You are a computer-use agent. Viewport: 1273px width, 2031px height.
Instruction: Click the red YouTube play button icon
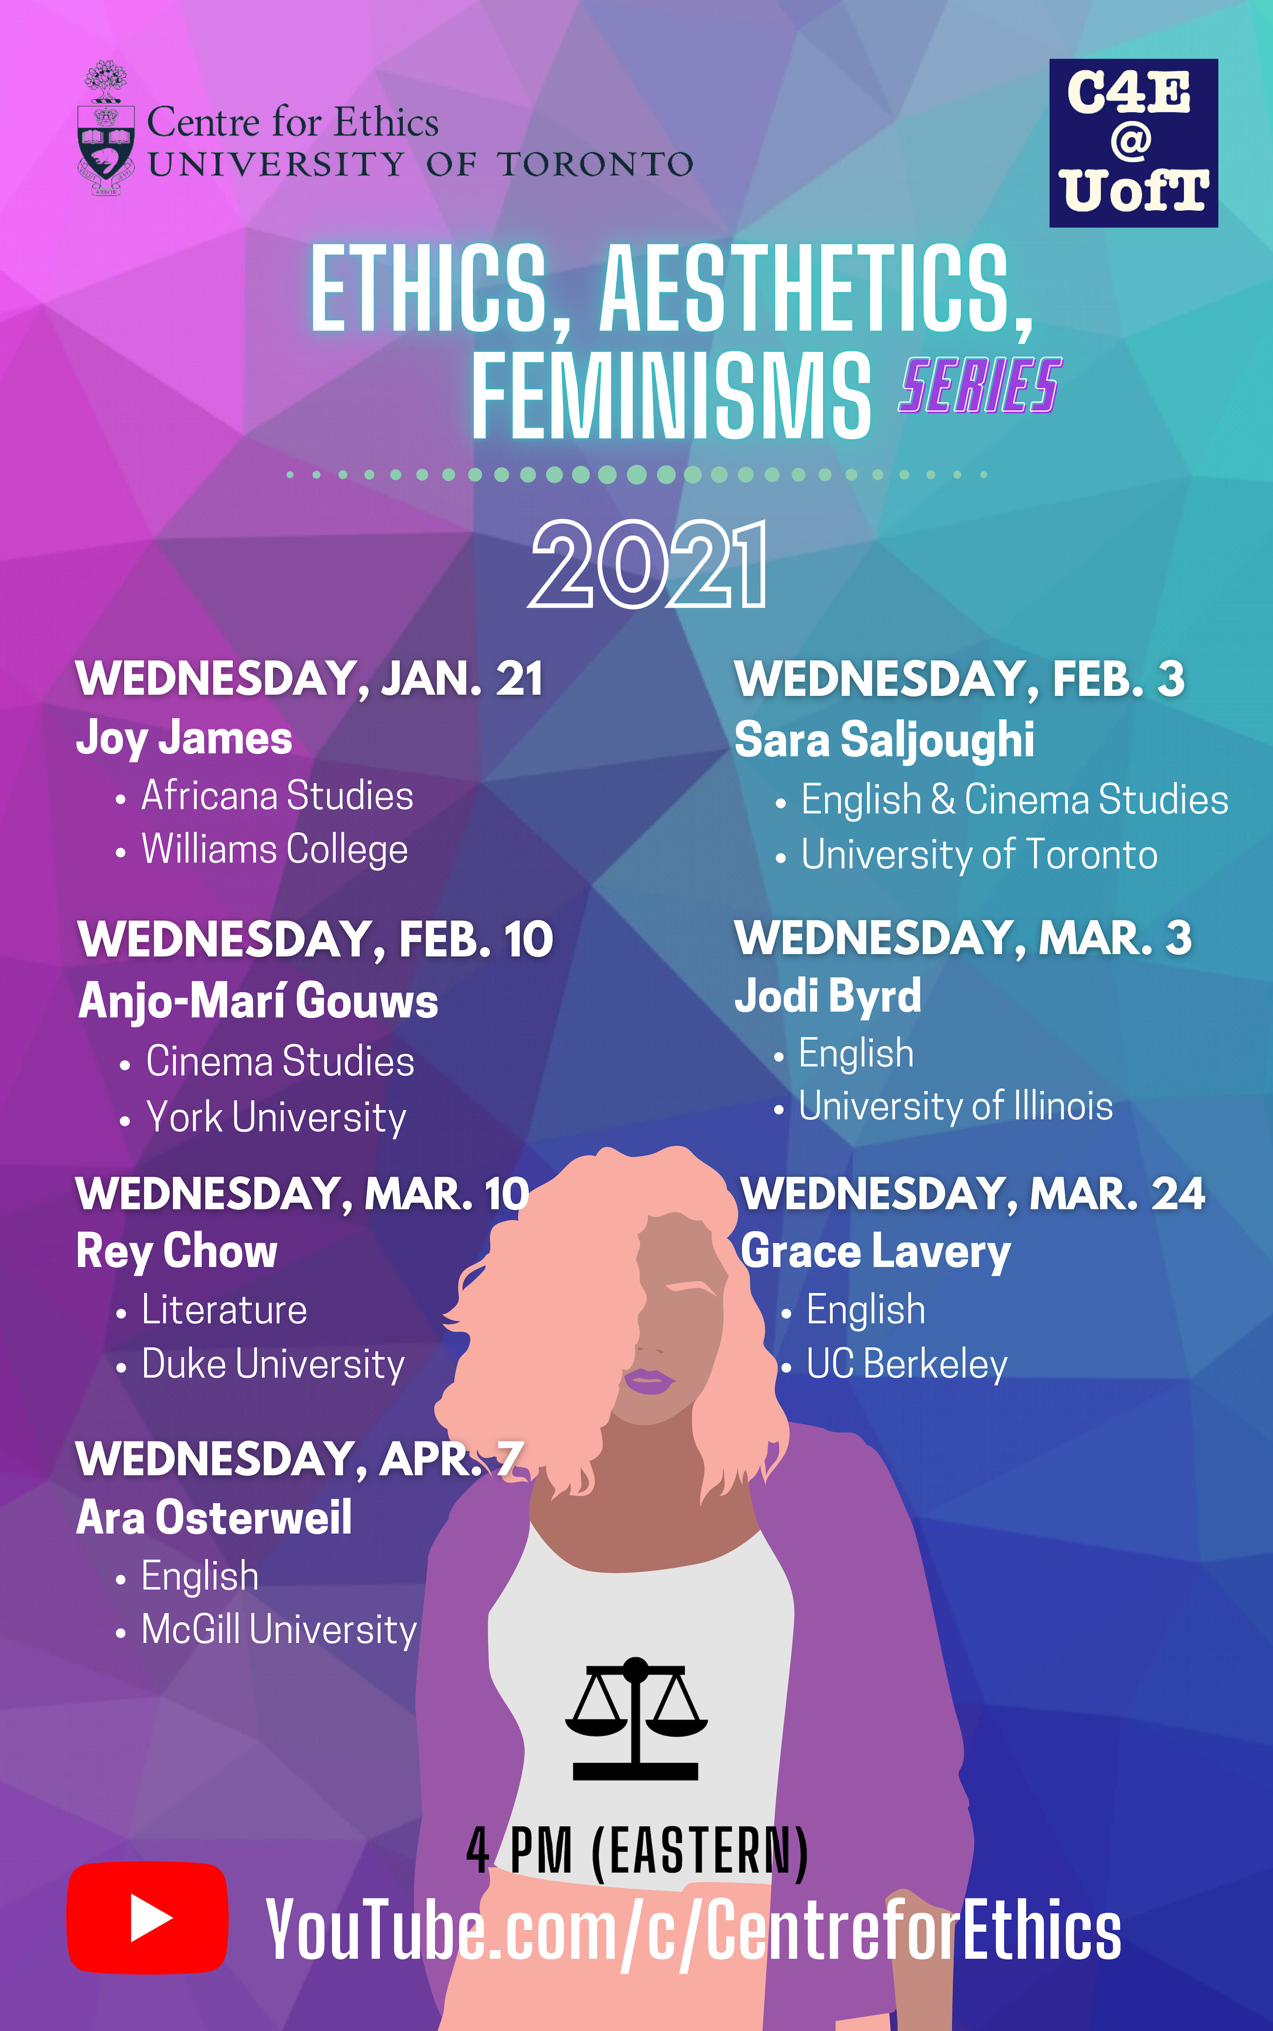(147, 1917)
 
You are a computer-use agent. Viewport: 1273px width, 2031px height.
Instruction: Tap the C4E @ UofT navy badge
(1133, 143)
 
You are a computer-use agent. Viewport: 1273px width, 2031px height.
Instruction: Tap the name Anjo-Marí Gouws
(258, 1002)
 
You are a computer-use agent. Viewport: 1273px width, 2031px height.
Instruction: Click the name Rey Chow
(177, 1252)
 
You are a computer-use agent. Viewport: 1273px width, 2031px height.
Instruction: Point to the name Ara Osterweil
(214, 1518)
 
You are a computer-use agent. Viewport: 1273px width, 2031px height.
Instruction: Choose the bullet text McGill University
(279, 1630)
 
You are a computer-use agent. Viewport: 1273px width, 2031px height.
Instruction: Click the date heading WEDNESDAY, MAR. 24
(973, 1193)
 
